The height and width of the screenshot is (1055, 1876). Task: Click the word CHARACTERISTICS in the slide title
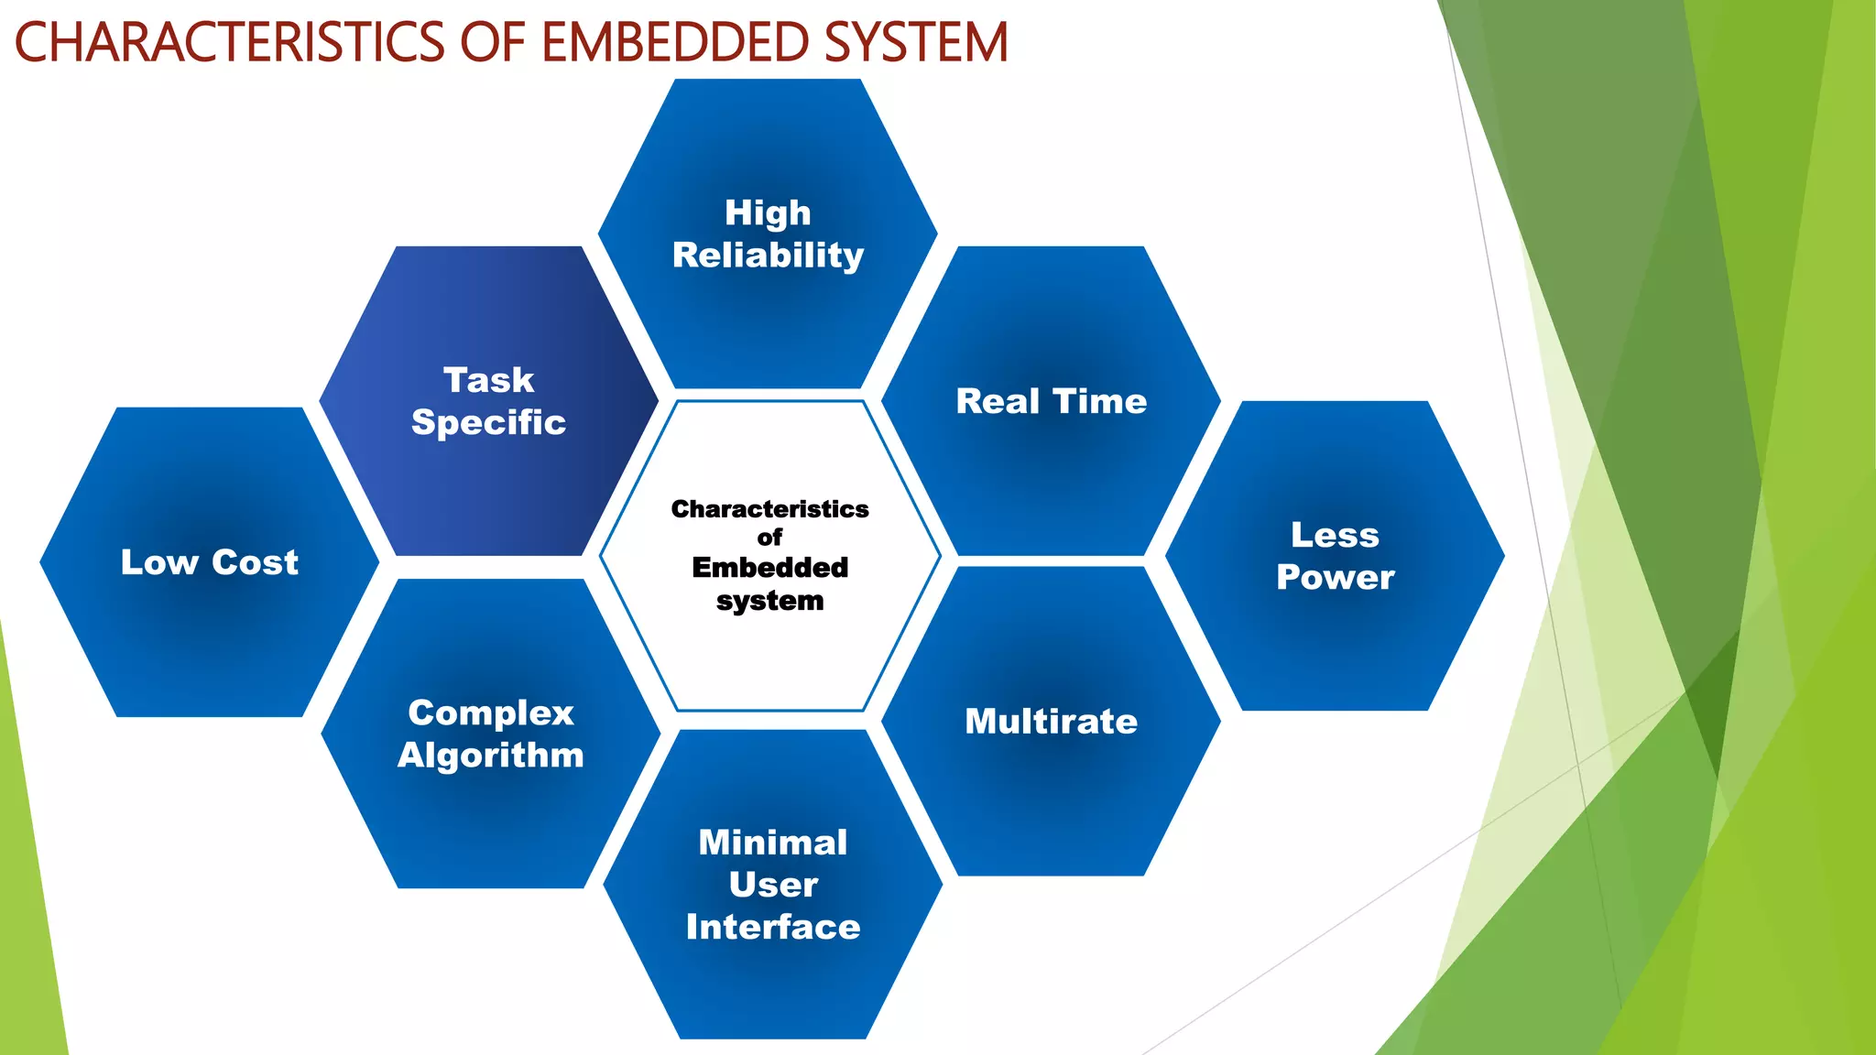coord(229,42)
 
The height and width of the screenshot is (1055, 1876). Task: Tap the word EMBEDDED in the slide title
coord(675,42)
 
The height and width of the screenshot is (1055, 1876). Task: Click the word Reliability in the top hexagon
coord(768,256)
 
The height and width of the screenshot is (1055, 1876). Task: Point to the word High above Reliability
coord(768,212)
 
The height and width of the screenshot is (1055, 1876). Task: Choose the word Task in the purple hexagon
coord(488,380)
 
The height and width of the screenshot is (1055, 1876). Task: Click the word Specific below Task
coord(488,422)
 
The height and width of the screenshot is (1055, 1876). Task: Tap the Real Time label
coord(1051,401)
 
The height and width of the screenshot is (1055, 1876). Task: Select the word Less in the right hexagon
coord(1335,535)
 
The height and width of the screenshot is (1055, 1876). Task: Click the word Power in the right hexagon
coord(1335,577)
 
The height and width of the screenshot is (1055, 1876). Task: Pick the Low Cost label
coord(210,562)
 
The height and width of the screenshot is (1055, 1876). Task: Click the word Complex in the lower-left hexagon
coord(491,712)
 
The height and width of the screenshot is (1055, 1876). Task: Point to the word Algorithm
coord(491,756)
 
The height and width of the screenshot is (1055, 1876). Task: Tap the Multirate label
coord(1051,722)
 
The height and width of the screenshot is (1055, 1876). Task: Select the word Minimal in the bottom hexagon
coord(773,843)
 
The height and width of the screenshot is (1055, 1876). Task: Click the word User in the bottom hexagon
coord(773,885)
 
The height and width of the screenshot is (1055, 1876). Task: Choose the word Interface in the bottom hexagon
coord(773,927)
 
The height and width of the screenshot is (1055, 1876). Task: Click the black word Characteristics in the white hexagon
coord(769,509)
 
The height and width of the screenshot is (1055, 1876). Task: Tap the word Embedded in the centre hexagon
coord(769,568)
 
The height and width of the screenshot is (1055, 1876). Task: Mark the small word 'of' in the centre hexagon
coord(769,538)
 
